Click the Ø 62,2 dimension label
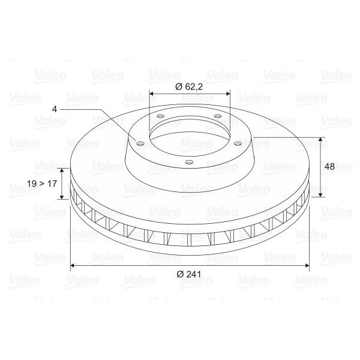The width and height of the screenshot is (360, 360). tap(189, 87)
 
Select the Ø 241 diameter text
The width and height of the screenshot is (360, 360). tap(189, 274)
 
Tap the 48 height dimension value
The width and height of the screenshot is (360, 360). tap(329, 166)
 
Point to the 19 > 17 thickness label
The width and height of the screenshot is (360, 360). tap(42, 184)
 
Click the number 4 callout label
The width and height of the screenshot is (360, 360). tap(55, 109)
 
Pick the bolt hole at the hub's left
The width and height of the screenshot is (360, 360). tap(140, 144)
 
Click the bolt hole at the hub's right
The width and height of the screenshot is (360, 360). tap(238, 144)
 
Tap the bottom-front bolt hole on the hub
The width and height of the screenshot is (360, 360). tap(189, 163)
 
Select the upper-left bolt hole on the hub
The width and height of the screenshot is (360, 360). tap(160, 116)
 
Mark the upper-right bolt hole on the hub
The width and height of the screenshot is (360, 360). tap(217, 116)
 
